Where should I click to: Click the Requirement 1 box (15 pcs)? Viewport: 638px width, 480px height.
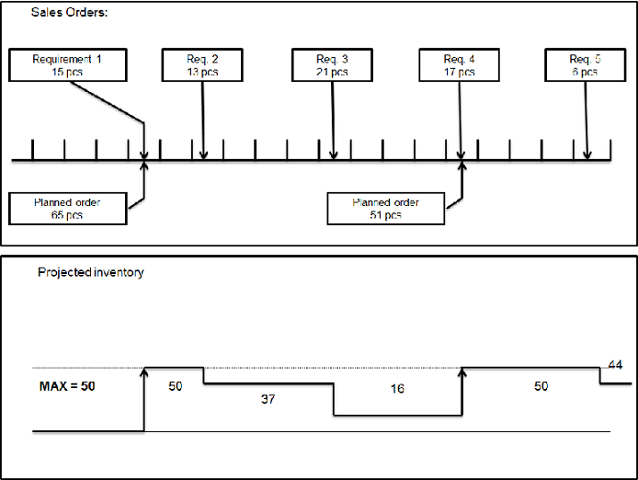(x=67, y=65)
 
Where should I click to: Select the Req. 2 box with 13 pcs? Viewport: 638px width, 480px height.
(x=202, y=65)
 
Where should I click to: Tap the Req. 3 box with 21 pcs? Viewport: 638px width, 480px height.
(x=332, y=65)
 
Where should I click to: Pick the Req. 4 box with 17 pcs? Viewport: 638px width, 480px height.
(x=459, y=65)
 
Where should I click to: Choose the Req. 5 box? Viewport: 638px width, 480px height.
(x=584, y=65)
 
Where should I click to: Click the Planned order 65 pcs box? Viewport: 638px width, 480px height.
(x=67, y=209)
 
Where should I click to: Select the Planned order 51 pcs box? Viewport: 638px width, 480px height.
(x=385, y=209)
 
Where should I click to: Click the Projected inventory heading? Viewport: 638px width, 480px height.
(x=90, y=272)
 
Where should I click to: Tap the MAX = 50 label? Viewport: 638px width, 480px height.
(x=67, y=386)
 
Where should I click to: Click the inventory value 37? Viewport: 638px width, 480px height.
(x=268, y=399)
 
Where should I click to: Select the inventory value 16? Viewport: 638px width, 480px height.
(x=396, y=389)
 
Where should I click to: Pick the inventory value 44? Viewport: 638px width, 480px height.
(x=615, y=365)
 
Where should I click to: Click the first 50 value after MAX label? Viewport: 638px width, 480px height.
(x=176, y=386)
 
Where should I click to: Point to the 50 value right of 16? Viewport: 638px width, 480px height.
(x=541, y=386)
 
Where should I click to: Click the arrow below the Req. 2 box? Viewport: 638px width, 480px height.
(x=203, y=120)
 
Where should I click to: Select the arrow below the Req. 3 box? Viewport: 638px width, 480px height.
(x=333, y=120)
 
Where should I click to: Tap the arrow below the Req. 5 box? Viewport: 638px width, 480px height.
(x=586, y=120)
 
